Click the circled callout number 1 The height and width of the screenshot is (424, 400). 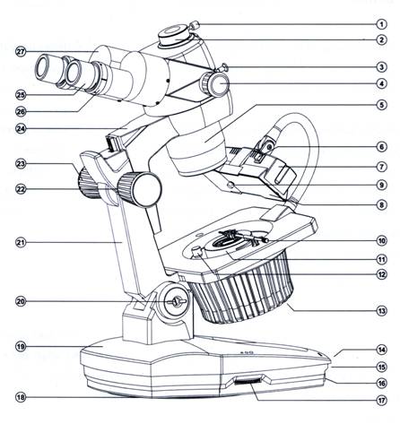point(381,24)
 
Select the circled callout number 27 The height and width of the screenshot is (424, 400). point(21,52)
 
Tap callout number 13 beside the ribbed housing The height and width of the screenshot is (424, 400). point(381,311)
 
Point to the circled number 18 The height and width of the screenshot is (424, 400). point(21,397)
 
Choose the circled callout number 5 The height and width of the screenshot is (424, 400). point(381,105)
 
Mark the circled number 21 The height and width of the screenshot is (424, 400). point(21,242)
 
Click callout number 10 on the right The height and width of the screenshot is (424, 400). point(381,240)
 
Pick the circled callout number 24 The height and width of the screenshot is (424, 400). point(21,129)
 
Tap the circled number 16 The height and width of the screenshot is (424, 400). point(381,383)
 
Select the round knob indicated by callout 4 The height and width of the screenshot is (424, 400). point(215,84)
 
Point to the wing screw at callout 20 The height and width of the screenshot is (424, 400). point(176,301)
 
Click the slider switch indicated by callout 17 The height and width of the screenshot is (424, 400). point(247,381)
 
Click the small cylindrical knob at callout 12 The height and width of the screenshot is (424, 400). point(197,252)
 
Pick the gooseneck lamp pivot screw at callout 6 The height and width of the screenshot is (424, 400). point(269,147)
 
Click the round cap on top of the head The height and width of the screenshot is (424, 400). point(174,36)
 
